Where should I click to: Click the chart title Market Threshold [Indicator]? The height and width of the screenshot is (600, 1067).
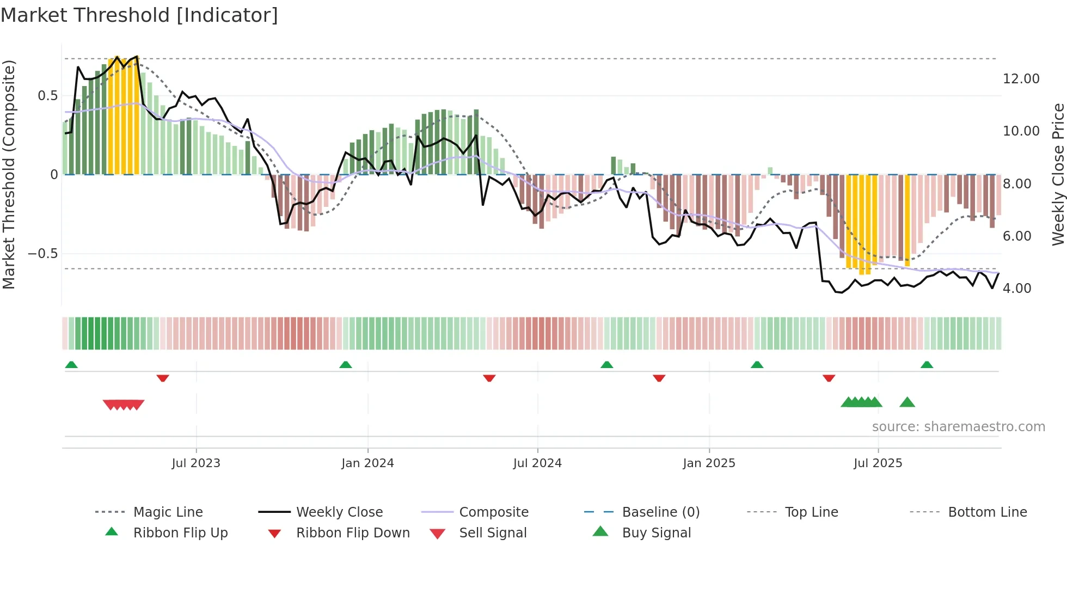(x=139, y=15)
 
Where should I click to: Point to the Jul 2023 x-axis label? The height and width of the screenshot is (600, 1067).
(x=196, y=463)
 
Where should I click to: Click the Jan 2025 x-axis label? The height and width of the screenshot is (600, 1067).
(x=709, y=463)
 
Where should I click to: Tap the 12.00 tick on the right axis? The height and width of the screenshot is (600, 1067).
(x=1021, y=79)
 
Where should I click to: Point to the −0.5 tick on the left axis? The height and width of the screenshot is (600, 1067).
(x=43, y=254)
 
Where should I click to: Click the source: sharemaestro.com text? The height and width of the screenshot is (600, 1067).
(x=958, y=427)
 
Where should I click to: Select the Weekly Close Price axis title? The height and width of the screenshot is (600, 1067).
(x=1058, y=174)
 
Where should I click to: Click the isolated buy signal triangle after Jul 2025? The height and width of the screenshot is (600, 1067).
(x=907, y=402)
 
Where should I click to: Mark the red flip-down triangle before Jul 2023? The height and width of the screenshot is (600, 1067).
(x=163, y=378)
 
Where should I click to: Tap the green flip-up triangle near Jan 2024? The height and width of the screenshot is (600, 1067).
(x=346, y=365)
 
